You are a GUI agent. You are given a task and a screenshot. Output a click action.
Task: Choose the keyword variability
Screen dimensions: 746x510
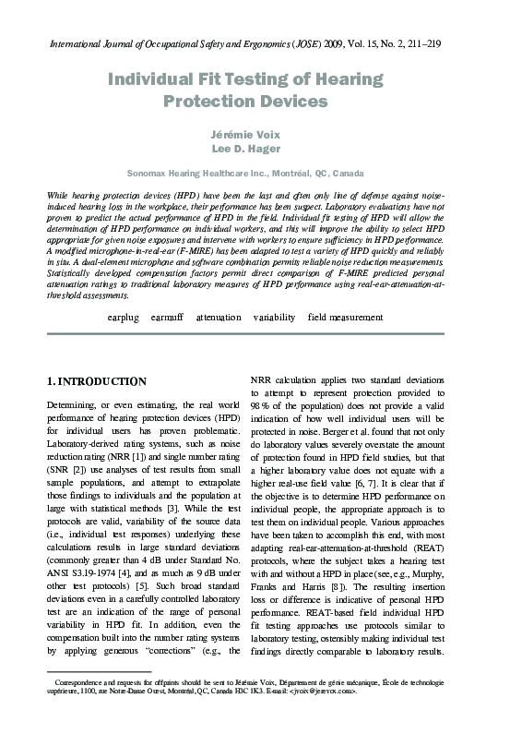[x=274, y=317]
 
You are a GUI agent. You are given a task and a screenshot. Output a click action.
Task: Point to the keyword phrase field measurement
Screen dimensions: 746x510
[x=345, y=317]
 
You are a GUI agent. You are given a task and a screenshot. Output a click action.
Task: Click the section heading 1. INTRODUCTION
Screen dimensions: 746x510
[x=96, y=380]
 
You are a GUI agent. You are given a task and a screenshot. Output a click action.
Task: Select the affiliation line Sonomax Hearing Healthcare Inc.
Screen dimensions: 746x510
[x=255, y=173]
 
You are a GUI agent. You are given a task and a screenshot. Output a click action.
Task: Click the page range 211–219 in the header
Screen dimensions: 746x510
[x=458, y=43]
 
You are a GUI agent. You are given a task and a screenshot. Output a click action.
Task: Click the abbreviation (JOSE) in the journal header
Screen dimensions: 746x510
[x=314, y=43]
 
